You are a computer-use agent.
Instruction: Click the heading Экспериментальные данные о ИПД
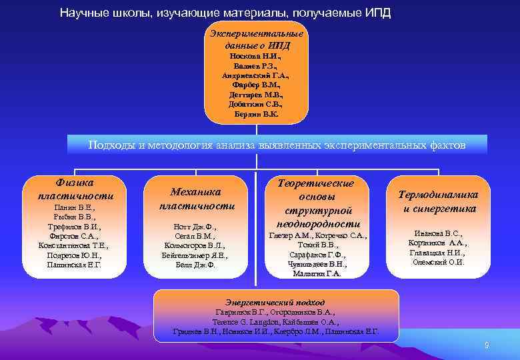click(x=257, y=39)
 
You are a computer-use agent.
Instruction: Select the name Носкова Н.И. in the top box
click(x=257, y=56)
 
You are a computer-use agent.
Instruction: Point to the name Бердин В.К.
click(x=257, y=114)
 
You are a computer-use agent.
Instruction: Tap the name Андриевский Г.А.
click(x=257, y=75)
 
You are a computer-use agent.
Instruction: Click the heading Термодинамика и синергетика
click(x=438, y=201)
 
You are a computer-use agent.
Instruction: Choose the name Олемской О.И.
click(x=438, y=262)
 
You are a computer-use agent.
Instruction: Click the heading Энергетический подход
click(x=276, y=302)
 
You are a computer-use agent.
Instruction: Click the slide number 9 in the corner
click(x=487, y=345)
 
